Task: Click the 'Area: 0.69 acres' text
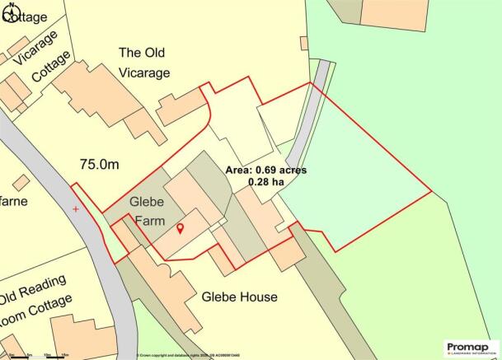pyautogui.click(x=266, y=170)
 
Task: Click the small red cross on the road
pyautogui.click(x=76, y=209)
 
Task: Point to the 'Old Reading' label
pyautogui.click(x=32, y=288)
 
